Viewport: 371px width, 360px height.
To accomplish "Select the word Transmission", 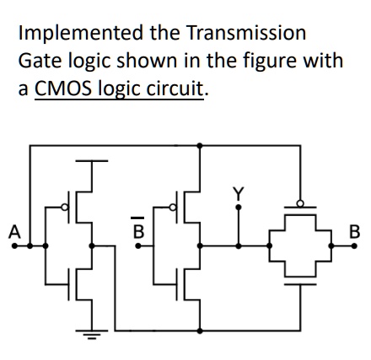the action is (246, 32).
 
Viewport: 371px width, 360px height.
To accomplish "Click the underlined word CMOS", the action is (63, 89).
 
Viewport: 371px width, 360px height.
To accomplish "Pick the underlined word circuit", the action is (175, 88).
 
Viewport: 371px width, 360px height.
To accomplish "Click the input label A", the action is (14, 232).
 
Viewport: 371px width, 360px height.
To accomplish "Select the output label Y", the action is (239, 194).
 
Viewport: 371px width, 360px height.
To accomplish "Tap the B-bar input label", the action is (137, 228).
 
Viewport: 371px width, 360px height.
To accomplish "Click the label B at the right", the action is (354, 232).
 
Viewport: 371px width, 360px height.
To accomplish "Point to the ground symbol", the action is (92, 334).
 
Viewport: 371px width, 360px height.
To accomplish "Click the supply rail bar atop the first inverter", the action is (92, 161).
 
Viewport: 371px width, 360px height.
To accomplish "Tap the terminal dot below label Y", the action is (239, 207).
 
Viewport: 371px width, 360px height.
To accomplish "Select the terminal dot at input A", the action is (14, 246).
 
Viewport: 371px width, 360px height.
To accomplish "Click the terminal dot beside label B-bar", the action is (138, 246).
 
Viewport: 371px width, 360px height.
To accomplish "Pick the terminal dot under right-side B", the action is (354, 246).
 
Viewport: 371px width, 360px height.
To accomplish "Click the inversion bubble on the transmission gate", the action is (300, 203).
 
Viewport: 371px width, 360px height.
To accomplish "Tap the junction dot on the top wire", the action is (200, 146).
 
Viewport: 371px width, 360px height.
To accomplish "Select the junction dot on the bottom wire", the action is (200, 330).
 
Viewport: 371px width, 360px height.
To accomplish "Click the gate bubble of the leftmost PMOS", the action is (65, 207).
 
